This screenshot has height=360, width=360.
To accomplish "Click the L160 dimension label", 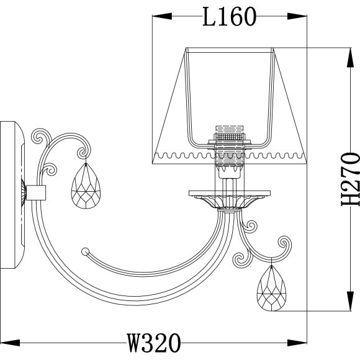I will click(230, 17).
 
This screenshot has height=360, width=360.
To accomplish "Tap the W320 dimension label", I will click(153, 342).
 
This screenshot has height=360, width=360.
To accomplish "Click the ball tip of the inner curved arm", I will click(85, 251).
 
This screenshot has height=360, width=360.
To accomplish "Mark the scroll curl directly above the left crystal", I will click(81, 151).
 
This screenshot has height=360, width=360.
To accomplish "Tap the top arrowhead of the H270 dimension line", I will click(348, 50).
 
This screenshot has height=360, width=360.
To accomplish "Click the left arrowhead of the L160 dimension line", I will click(157, 17).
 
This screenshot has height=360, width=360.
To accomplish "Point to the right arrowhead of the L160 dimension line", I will click(304, 17).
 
